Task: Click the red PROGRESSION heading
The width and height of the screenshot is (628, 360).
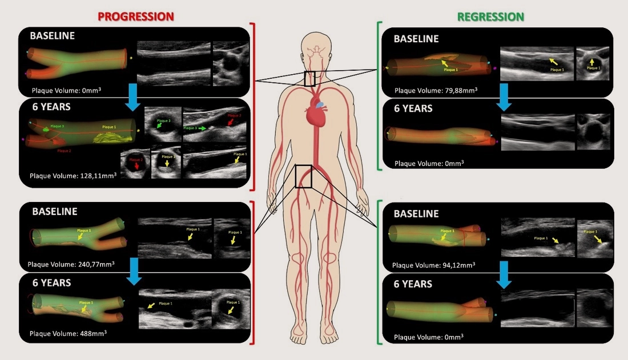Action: [x=135, y=16]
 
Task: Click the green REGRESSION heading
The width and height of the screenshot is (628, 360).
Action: [x=490, y=17]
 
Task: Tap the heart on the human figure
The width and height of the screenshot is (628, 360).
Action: [x=315, y=110]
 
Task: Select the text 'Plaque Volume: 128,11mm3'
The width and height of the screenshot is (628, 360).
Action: [x=73, y=176]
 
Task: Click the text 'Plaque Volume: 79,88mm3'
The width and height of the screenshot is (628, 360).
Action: [x=436, y=90]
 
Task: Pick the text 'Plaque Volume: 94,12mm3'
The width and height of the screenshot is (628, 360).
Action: [x=434, y=265]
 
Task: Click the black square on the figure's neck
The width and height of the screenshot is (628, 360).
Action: [x=309, y=79]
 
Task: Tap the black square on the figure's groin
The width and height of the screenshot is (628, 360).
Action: [x=304, y=176]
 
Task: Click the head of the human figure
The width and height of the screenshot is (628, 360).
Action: [x=314, y=46]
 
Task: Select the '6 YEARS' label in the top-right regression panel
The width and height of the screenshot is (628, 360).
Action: [x=413, y=108]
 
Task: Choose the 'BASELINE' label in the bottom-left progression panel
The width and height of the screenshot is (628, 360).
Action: [x=54, y=211]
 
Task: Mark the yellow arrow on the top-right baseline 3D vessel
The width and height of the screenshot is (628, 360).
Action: [x=444, y=63]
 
